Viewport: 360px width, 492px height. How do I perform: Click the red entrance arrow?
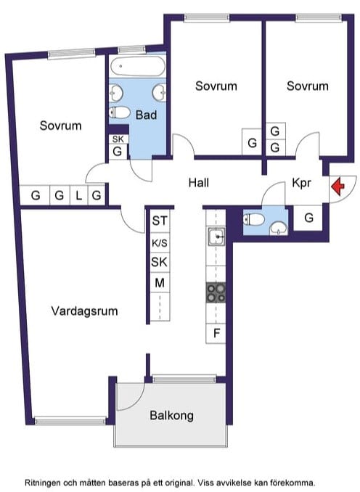337,186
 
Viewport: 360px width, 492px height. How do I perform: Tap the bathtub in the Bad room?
137,66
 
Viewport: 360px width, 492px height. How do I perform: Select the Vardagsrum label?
84,311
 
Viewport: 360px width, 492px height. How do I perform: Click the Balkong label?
171,415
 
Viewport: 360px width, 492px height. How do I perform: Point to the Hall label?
199,183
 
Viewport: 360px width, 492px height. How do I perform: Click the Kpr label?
301,183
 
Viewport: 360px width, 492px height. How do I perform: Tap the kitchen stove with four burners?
216,292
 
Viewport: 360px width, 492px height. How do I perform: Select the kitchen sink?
216,236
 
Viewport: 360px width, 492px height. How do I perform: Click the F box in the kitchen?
216,333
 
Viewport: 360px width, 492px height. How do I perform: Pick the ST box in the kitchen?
160,221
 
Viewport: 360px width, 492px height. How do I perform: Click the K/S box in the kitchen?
160,243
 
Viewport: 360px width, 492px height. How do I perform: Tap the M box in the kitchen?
160,283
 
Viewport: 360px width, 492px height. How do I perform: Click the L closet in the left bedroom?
79,195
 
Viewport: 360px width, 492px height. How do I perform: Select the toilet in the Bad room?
120,112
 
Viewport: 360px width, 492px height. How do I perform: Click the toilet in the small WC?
253,219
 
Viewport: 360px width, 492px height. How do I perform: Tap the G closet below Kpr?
308,218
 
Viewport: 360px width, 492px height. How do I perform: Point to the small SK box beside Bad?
118,139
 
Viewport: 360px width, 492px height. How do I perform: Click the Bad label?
147,115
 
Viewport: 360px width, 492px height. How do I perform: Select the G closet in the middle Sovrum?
252,142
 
